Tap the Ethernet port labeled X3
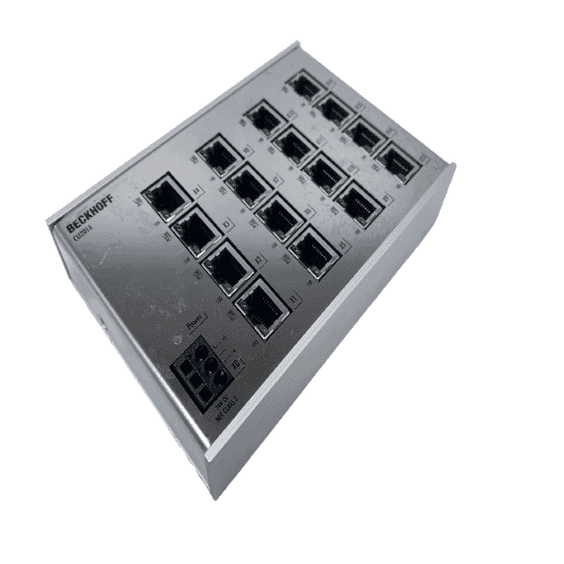click(195, 229)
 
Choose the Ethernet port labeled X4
click(165, 197)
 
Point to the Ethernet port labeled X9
click(357, 201)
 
